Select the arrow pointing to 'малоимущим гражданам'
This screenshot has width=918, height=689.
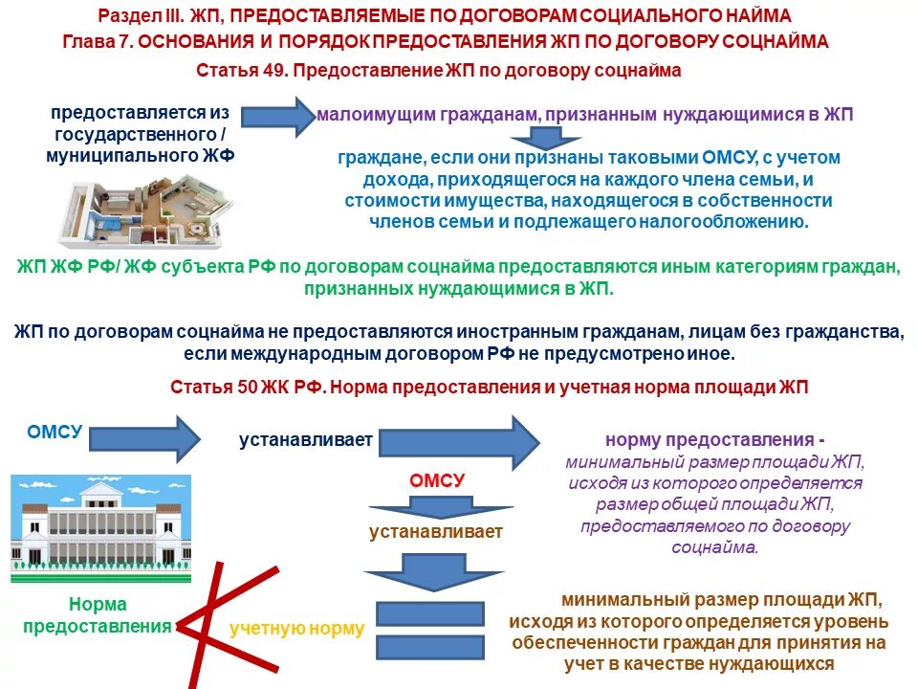[x=277, y=116]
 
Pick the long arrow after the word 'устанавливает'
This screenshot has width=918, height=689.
[x=459, y=441]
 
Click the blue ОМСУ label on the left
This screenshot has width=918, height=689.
[x=55, y=433]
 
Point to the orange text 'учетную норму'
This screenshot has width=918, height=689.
[x=296, y=629]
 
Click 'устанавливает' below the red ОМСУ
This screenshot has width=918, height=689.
[x=435, y=533]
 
